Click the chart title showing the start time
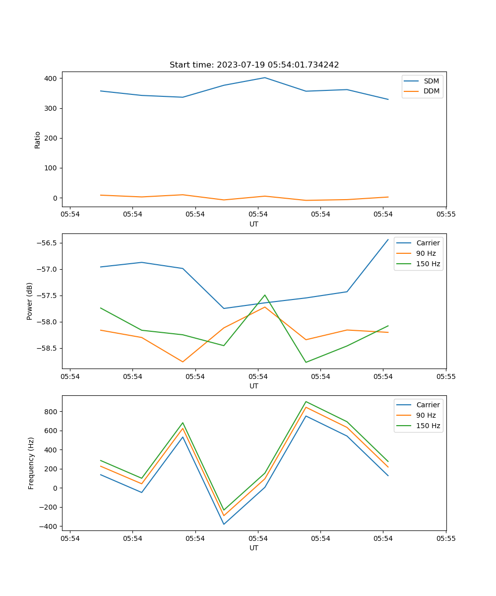point(254,65)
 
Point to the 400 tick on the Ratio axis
point(51,78)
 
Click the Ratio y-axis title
point(38,140)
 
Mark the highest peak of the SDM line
point(265,77)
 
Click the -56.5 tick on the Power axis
point(47,243)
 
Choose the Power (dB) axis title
point(30,301)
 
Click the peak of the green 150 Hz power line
point(265,295)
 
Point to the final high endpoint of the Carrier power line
point(388,239)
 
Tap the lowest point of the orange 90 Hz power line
point(183,362)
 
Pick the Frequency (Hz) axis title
point(31,463)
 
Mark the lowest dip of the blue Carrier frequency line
point(224,524)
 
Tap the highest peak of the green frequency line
point(306,401)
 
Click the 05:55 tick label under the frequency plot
point(445,538)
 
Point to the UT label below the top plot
point(254,224)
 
